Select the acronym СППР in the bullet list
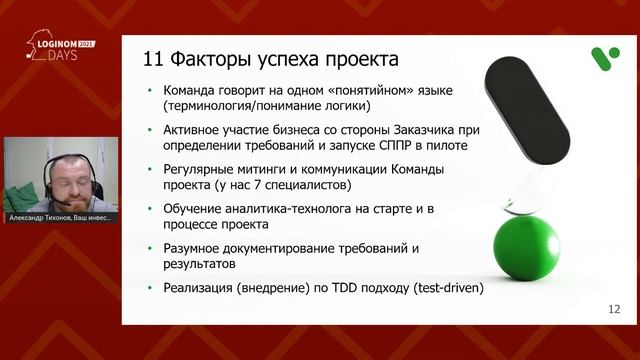pyautogui.click(x=397, y=146)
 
